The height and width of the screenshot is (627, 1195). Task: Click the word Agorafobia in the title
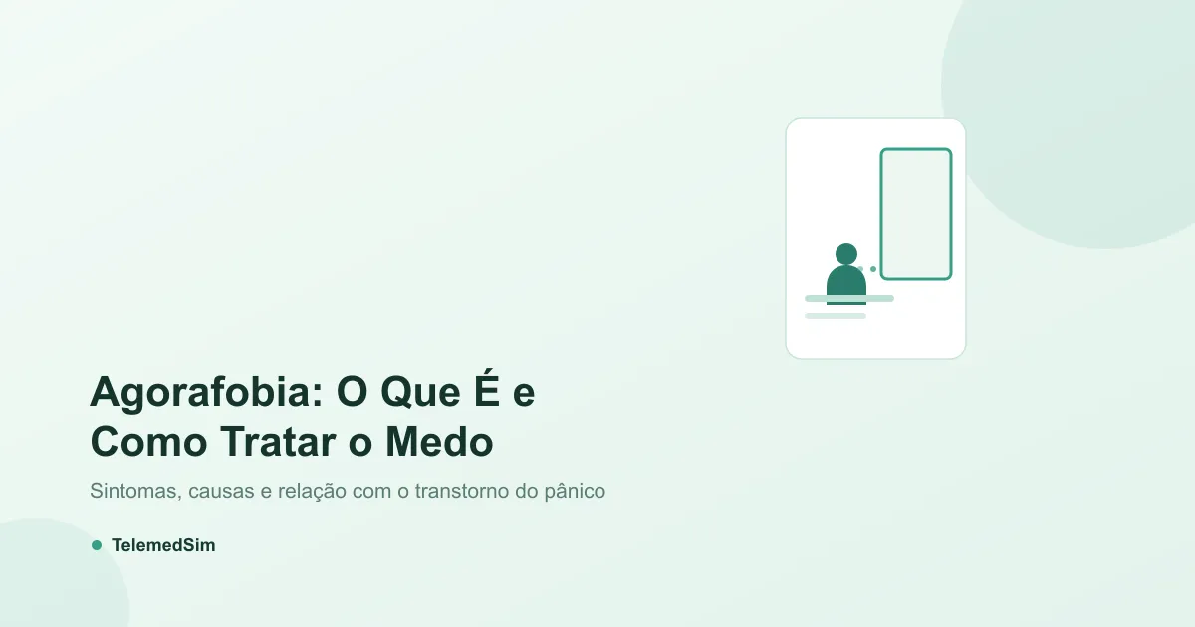[x=206, y=394]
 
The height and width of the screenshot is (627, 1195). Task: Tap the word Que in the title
[x=421, y=393]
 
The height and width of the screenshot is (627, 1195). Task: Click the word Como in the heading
[x=148, y=442]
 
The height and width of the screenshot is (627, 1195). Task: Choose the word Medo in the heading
[x=439, y=442]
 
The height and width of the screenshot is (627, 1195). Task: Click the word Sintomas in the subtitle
[x=135, y=491]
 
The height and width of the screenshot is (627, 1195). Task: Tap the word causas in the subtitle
[x=221, y=491]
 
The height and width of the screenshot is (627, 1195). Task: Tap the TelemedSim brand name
[x=163, y=545]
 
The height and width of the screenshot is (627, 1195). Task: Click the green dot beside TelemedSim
[x=97, y=545]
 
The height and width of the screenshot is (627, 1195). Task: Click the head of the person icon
[x=846, y=254]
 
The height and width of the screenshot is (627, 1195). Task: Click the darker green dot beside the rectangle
[x=873, y=269]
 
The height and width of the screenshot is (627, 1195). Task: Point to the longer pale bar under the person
[x=849, y=298]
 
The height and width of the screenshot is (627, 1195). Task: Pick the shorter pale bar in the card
[x=836, y=316]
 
